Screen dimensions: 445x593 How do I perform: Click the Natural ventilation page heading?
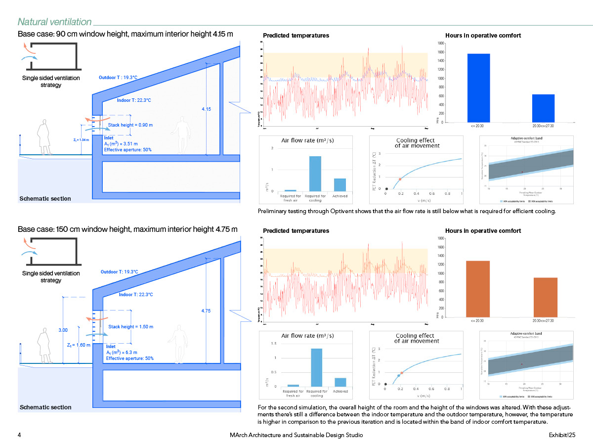54,22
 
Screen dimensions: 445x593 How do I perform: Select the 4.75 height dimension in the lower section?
206,311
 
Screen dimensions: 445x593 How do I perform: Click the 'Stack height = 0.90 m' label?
130,125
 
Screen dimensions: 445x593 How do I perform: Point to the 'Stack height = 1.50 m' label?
130,327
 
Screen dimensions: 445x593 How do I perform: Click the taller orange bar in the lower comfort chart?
478,288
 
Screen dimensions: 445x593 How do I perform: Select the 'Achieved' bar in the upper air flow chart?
340,184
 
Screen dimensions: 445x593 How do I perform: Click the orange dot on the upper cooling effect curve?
400,179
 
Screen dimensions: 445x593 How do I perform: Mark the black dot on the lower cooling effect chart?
385,384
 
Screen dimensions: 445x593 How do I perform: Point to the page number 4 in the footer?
19,435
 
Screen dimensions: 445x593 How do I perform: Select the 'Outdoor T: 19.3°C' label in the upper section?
118,78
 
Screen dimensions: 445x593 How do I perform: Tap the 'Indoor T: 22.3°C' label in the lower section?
136,295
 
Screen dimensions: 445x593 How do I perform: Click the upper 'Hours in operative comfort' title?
483,36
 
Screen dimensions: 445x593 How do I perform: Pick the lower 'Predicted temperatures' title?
296,231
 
